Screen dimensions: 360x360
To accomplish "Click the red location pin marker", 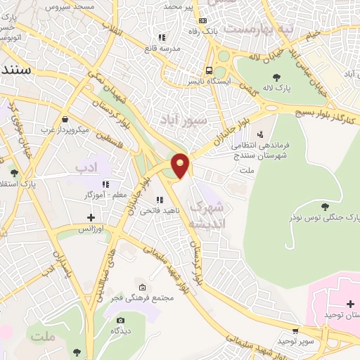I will (181, 164).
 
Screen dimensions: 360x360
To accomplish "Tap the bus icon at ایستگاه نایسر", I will (209, 70).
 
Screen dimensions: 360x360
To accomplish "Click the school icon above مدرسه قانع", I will (161, 37).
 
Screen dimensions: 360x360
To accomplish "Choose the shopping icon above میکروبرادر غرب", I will (65, 119).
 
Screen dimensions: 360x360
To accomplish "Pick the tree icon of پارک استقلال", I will (14, 172).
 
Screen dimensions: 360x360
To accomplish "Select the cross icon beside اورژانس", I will (91, 217).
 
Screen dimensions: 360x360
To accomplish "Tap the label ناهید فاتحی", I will (154, 210).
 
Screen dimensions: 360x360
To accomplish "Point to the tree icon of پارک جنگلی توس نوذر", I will (324, 206).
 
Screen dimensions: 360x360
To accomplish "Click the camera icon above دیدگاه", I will (121, 321).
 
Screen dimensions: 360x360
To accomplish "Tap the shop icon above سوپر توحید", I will (295, 330).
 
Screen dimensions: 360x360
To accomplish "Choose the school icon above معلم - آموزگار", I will (107, 184).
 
